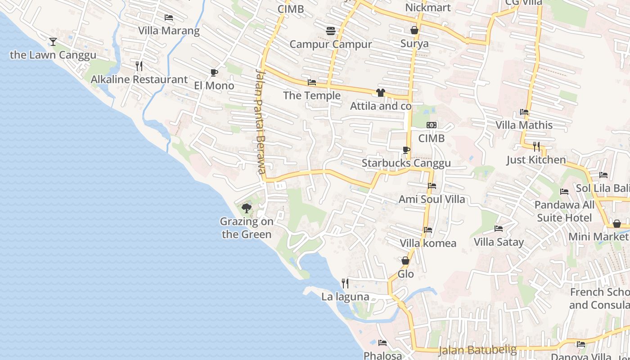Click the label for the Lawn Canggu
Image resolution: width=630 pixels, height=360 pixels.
point(53,55)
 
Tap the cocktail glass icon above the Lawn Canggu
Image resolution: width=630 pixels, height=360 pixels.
point(53,42)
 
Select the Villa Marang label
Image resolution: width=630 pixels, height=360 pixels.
point(169,31)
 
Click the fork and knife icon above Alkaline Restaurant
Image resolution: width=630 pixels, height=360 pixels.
point(139,66)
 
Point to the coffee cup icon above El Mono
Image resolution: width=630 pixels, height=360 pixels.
point(214,72)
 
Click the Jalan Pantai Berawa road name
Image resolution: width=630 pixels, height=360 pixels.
point(260,121)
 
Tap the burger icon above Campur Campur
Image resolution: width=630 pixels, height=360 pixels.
point(331,31)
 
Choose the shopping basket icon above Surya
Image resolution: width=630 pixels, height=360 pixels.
point(414,30)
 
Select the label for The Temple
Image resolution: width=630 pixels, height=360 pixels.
point(311,95)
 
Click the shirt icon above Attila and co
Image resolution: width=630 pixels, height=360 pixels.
point(381,93)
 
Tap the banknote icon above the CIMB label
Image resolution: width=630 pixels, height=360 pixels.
point(432,125)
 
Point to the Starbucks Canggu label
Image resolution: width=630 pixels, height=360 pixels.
point(406,163)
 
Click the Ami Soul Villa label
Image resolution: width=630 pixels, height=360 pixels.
point(432,199)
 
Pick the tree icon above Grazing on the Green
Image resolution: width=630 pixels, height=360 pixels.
point(246,208)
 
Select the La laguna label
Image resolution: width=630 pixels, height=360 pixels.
point(345,297)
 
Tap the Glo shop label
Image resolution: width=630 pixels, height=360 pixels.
point(405,274)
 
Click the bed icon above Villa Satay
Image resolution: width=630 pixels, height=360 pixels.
point(499,229)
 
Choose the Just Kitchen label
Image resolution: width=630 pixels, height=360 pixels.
point(536,160)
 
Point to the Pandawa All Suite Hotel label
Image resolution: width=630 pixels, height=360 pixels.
point(564,211)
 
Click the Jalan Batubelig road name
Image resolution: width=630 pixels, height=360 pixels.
point(477,350)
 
